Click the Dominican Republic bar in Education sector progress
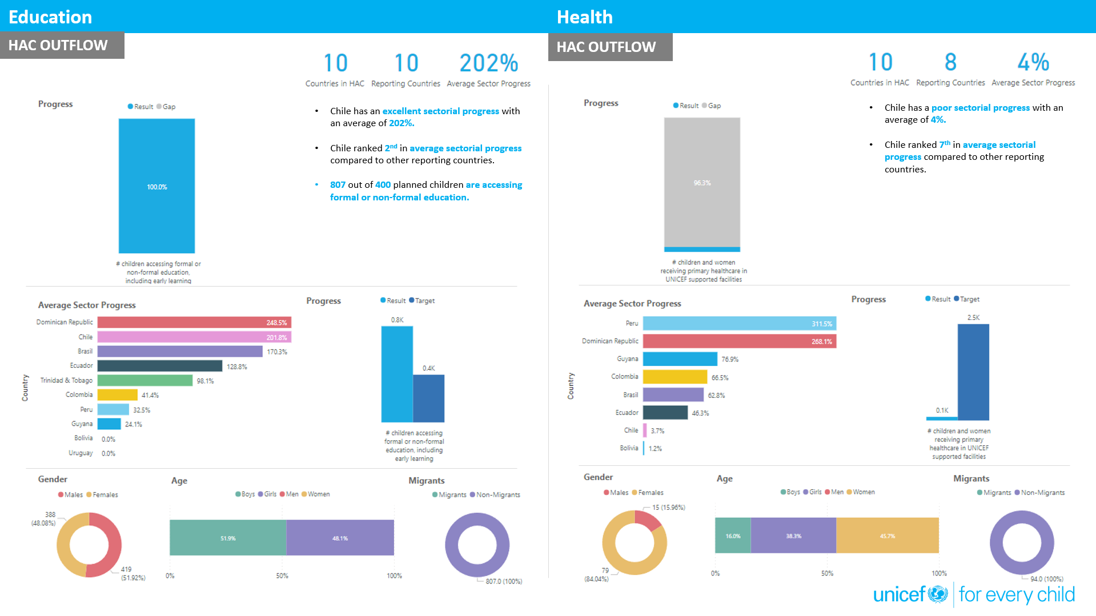tap(194, 323)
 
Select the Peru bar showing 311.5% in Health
tap(739, 324)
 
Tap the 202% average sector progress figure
tap(488, 63)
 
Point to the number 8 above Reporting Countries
tap(950, 62)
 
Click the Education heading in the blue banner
tap(50, 17)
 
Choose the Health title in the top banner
tap(584, 17)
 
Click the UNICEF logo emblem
tap(937, 594)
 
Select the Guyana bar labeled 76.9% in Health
tap(680, 359)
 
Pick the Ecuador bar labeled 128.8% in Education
tap(159, 366)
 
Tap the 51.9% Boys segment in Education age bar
tap(228, 538)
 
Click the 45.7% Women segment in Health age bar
tap(887, 536)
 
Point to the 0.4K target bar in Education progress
tap(428, 398)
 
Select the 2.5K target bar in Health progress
tap(973, 372)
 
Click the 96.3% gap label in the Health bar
tap(702, 183)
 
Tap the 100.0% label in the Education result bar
tap(156, 187)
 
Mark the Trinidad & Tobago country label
tap(66, 380)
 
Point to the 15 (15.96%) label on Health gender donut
tap(668, 508)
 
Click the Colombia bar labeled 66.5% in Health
tap(675, 377)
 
